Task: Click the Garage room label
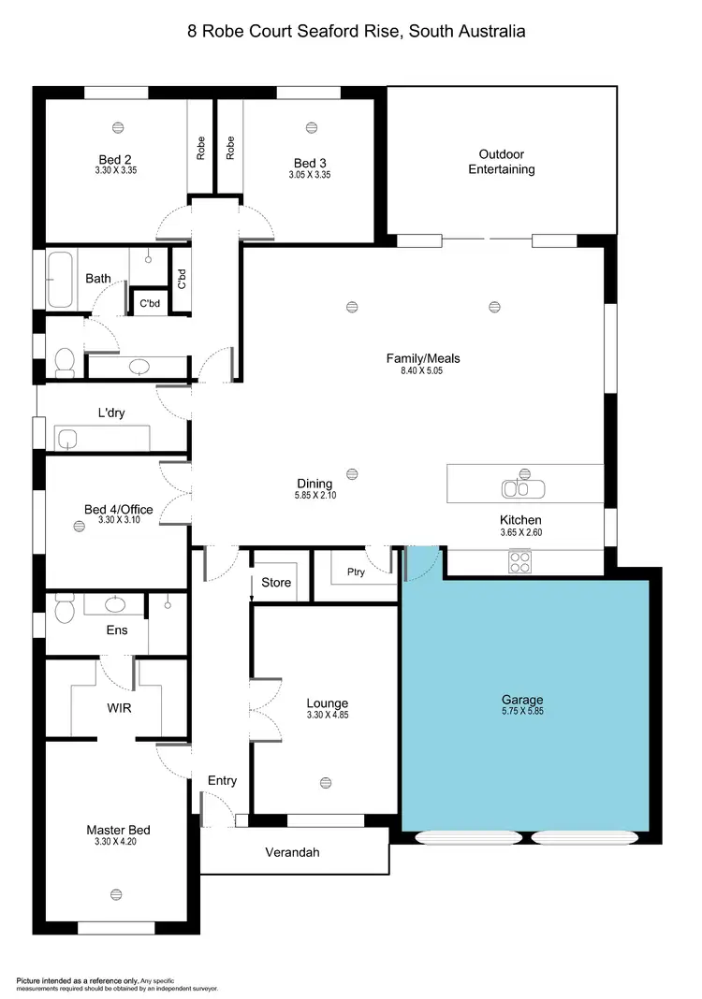pyautogui.click(x=521, y=699)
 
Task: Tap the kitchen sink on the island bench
pyautogui.click(x=518, y=487)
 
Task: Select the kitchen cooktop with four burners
pyautogui.click(x=520, y=562)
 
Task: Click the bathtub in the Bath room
pyautogui.click(x=60, y=279)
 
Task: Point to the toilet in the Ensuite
pyautogui.click(x=64, y=612)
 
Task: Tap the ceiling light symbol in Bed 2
pyautogui.click(x=118, y=127)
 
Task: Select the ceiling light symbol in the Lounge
pyautogui.click(x=325, y=782)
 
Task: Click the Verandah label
pyautogui.click(x=292, y=852)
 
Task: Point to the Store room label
pyautogui.click(x=276, y=582)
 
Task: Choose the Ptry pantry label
pyautogui.click(x=355, y=572)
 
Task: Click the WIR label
pyautogui.click(x=118, y=708)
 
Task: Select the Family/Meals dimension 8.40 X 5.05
pyautogui.click(x=423, y=371)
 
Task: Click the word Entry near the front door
pyautogui.click(x=222, y=780)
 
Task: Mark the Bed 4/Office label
pyautogui.click(x=118, y=510)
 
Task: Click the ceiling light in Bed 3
pyautogui.click(x=311, y=127)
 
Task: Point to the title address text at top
pyautogui.click(x=357, y=31)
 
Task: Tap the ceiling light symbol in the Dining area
pyautogui.click(x=352, y=473)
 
